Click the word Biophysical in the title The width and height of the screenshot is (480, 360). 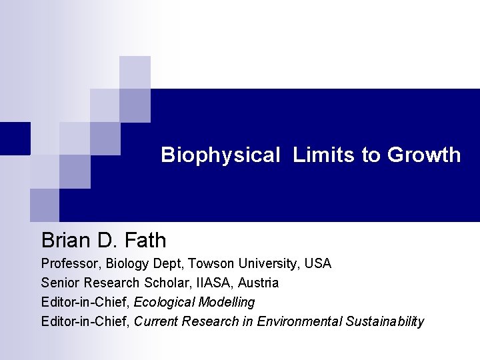tap(221, 155)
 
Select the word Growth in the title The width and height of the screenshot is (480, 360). tap(424, 155)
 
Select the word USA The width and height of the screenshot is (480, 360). tap(318, 263)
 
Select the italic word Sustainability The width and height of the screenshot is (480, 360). tap(385, 321)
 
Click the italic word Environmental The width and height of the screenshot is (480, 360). tap(299, 321)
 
